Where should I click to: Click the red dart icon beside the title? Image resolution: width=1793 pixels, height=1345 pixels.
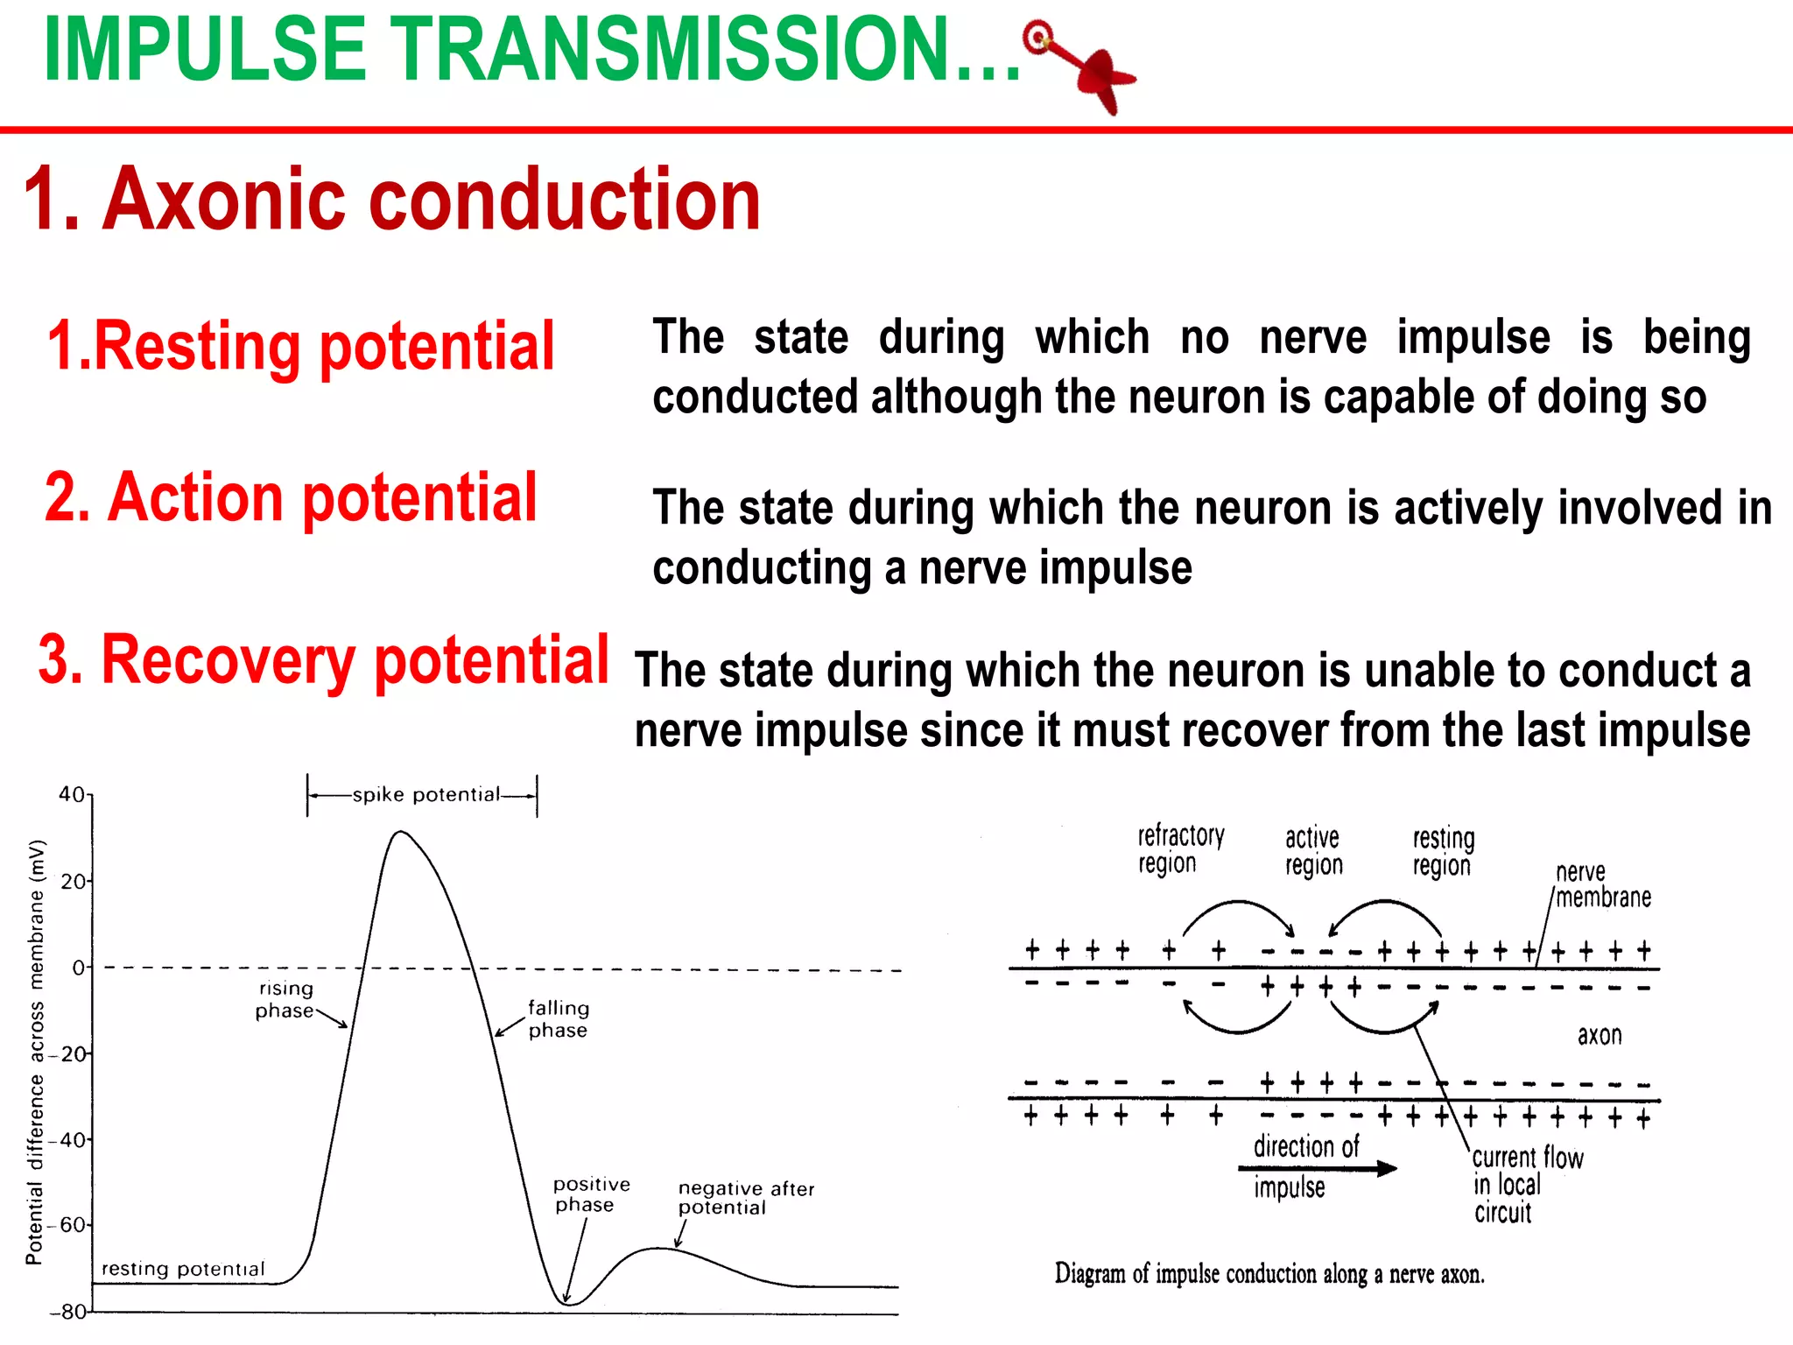pyautogui.click(x=1080, y=65)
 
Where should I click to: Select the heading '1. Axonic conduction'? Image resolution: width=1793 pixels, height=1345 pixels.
pyautogui.click(x=392, y=200)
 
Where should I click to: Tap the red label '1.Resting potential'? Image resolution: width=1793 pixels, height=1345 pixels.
pyautogui.click(x=300, y=347)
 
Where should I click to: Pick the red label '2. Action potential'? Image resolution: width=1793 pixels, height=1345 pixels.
pyautogui.click(x=291, y=498)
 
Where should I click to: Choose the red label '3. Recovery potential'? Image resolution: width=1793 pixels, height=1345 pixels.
pyautogui.click(x=323, y=660)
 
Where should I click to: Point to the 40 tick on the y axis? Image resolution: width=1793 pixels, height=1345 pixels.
pyautogui.click(x=73, y=794)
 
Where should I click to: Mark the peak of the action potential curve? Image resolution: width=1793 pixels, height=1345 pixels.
pyautogui.click(x=400, y=832)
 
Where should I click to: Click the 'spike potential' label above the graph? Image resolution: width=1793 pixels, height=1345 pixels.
pyautogui.click(x=426, y=795)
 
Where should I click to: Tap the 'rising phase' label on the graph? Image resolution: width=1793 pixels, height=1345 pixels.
pyautogui.click(x=285, y=999)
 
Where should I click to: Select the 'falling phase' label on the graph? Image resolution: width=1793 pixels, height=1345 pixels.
pyautogui.click(x=559, y=1019)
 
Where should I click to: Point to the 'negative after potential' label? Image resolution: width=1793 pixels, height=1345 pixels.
pyautogui.click(x=746, y=1197)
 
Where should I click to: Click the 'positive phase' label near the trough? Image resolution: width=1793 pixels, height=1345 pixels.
pyautogui.click(x=592, y=1194)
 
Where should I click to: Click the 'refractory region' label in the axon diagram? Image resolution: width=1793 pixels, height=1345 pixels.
pyautogui.click(x=1181, y=849)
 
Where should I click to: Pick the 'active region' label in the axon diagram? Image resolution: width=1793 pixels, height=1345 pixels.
pyautogui.click(x=1313, y=851)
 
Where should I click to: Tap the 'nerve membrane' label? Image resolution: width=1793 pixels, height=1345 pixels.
pyautogui.click(x=1603, y=884)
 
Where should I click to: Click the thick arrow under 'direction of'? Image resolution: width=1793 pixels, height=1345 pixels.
pyautogui.click(x=1318, y=1168)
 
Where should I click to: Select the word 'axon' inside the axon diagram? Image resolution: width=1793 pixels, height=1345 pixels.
pyautogui.click(x=1600, y=1036)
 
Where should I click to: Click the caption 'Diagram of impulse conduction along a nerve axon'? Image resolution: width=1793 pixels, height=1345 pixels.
pyautogui.click(x=1269, y=1273)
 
